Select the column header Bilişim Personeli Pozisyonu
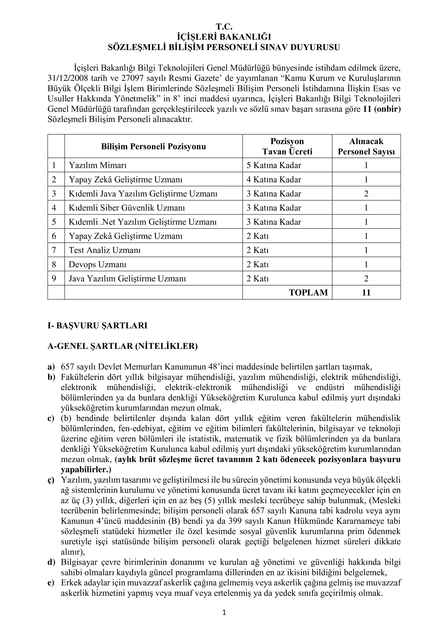pyautogui.click(x=153, y=146)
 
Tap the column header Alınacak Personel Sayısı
pyautogui.click(x=366, y=146)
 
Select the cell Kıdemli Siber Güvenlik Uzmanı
pyautogui.click(x=127, y=208)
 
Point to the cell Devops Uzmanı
pyautogui.click(x=97, y=264)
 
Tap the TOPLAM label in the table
pyautogui.click(x=308, y=292)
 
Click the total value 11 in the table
pyautogui.click(x=366, y=292)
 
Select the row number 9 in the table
pyautogui.click(x=54, y=278)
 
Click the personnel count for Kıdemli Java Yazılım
pyautogui.click(x=366, y=194)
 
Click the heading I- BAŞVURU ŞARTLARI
pyautogui.click(x=97, y=326)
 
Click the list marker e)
pyautogui.click(x=51, y=583)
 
